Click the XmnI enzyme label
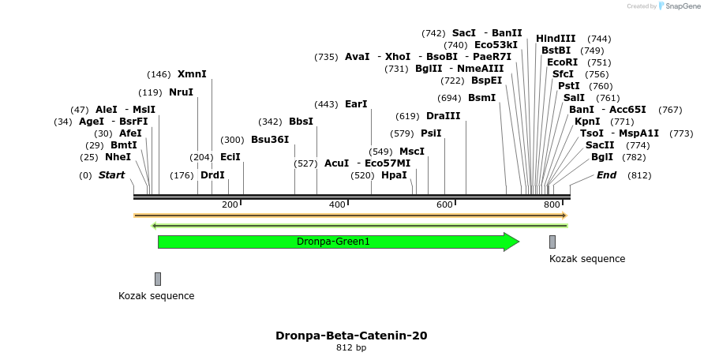(x=192, y=74)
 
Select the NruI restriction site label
(x=181, y=92)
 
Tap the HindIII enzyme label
(x=556, y=39)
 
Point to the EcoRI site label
(x=562, y=62)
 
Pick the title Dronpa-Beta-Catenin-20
(x=351, y=336)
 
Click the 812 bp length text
(x=351, y=347)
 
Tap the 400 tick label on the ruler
(x=337, y=205)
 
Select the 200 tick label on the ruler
(x=230, y=205)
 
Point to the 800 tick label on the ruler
(x=552, y=205)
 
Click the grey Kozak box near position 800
(x=552, y=242)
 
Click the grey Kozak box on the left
(x=158, y=279)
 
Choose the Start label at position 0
(x=111, y=175)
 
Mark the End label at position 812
(x=606, y=175)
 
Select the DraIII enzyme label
(x=443, y=116)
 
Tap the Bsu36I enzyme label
(x=270, y=140)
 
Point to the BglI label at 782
(x=601, y=157)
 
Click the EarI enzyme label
(x=356, y=104)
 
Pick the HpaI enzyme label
(x=394, y=175)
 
